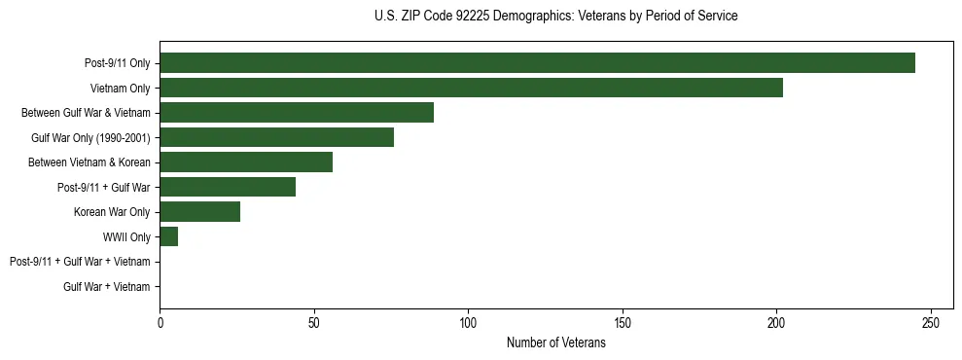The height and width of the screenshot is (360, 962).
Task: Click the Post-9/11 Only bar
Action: click(x=537, y=63)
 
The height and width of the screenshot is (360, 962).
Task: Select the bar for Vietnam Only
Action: click(x=471, y=88)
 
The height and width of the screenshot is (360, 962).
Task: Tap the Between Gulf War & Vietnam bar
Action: click(x=297, y=113)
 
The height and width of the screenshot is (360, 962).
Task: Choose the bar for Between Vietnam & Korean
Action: click(x=246, y=162)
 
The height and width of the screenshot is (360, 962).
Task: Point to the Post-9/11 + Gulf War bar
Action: click(x=228, y=187)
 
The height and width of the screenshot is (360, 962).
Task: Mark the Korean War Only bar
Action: click(x=200, y=212)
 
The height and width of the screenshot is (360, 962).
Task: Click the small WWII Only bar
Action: click(x=169, y=236)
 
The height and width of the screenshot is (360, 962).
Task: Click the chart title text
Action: click(x=555, y=17)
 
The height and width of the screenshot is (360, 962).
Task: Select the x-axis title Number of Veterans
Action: click(x=555, y=343)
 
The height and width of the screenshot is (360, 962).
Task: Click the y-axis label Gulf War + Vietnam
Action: click(x=107, y=287)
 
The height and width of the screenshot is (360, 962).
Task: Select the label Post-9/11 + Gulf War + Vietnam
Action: click(x=80, y=262)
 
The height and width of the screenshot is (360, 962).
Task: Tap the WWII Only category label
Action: click(x=126, y=237)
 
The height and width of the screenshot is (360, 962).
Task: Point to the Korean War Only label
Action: click(x=112, y=212)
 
